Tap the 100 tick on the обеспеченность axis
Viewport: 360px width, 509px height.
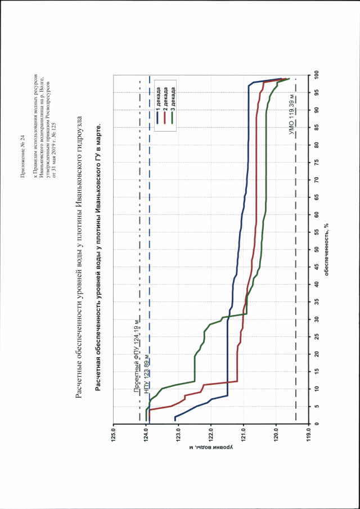pyautogui.click(x=317, y=74)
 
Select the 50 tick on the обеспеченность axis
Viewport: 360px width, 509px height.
pyautogui.click(x=317, y=249)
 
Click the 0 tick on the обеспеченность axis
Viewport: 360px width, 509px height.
pyautogui.click(x=317, y=424)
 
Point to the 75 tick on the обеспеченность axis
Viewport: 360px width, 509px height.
pyautogui.click(x=317, y=162)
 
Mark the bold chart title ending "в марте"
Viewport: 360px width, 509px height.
pyautogui.click(x=98, y=255)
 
